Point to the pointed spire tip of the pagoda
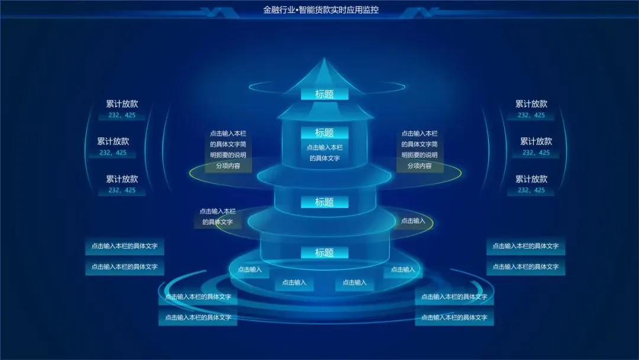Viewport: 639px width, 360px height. pyautogui.click(x=324, y=59)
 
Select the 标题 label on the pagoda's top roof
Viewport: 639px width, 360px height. pyautogui.click(x=324, y=94)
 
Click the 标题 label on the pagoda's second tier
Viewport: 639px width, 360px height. pyautogui.click(x=324, y=133)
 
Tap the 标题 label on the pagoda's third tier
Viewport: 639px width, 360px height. pyautogui.click(x=324, y=202)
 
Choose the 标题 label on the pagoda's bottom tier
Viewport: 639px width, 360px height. pyautogui.click(x=324, y=253)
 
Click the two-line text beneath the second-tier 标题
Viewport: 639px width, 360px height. pyautogui.click(x=324, y=153)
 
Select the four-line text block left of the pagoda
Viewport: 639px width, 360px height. pyautogui.click(x=228, y=150)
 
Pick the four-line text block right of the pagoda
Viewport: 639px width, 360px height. pyautogui.click(x=419, y=150)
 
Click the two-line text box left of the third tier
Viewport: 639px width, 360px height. pyautogui.click(x=217, y=217)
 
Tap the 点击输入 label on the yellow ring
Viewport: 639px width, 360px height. pyautogui.click(x=413, y=221)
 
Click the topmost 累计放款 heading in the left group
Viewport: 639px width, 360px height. pyautogui.click(x=122, y=104)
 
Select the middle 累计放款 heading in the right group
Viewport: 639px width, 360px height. pyautogui.click(x=536, y=142)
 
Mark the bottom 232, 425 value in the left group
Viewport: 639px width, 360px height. pyautogui.click(x=122, y=190)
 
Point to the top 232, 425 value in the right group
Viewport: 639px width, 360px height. pyautogui.click(x=531, y=115)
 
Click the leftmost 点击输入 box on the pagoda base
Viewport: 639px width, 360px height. pyautogui.click(x=250, y=269)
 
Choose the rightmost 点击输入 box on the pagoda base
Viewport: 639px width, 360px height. pyautogui.click(x=403, y=269)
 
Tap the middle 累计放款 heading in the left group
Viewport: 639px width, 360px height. pyautogui.click(x=113, y=142)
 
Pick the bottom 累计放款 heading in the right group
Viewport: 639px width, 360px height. pyautogui.click(x=531, y=179)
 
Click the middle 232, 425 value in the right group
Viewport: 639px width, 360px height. pyautogui.click(x=536, y=153)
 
